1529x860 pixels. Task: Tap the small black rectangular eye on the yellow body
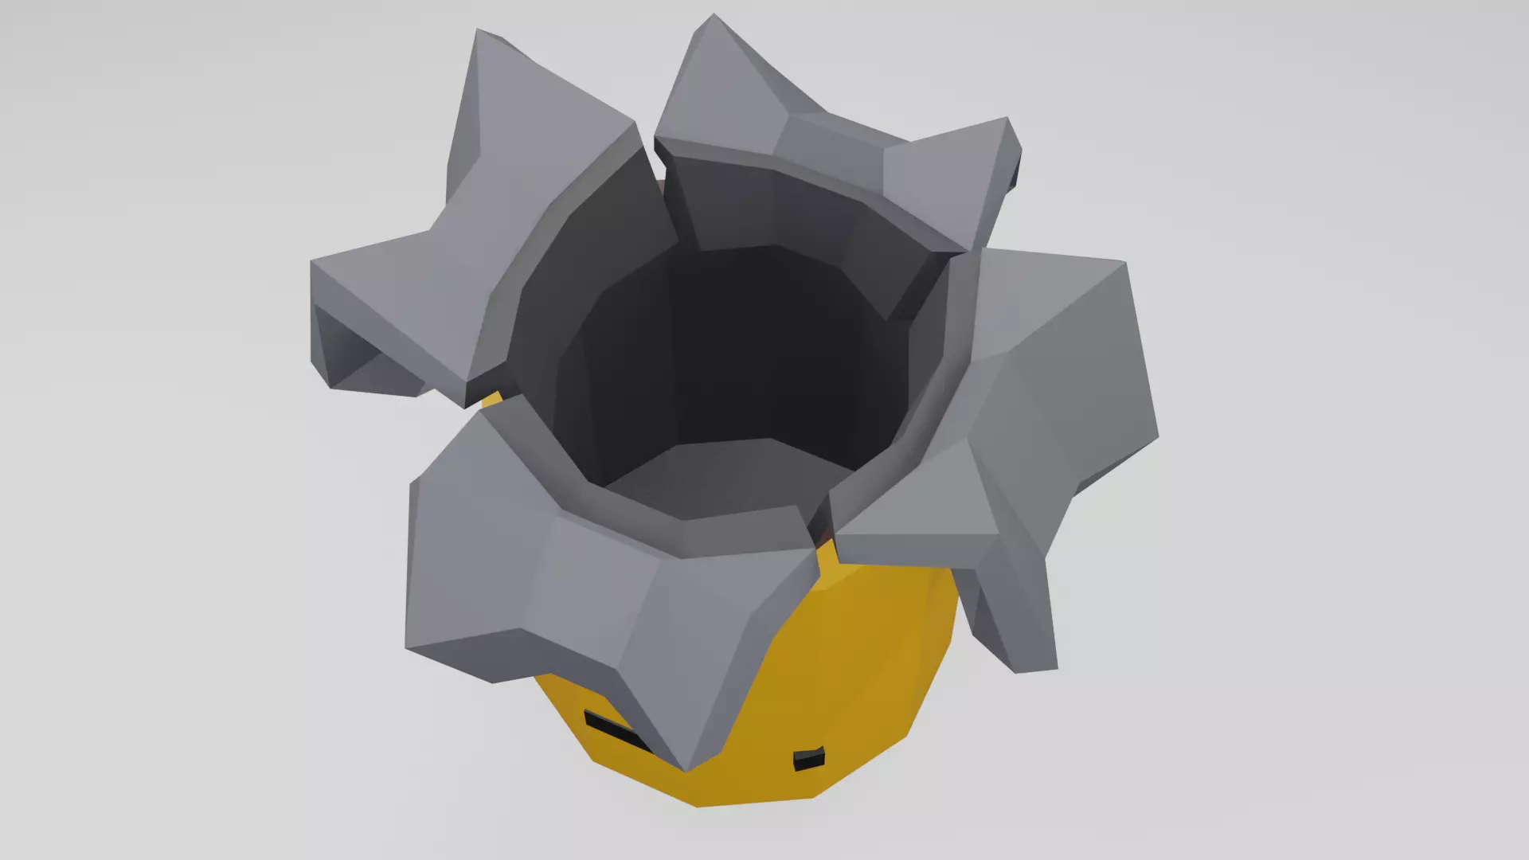pyautogui.click(x=808, y=760)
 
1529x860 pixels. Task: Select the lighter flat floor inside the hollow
pyautogui.click(x=717, y=478)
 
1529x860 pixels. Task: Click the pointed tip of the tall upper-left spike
pyautogui.click(x=478, y=32)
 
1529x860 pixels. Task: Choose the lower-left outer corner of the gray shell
pyautogui.click(x=408, y=647)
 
